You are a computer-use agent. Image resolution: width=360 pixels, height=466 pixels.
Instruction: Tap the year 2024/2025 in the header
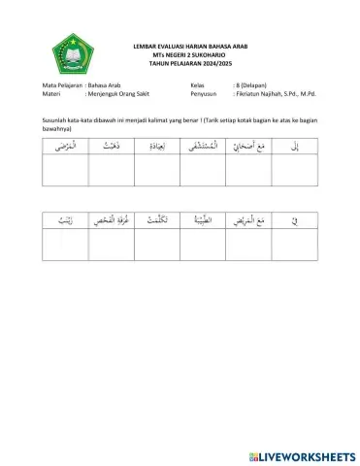pyautogui.click(x=204, y=64)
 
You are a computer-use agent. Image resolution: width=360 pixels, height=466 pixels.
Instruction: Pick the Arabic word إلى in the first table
pyautogui.click(x=294, y=146)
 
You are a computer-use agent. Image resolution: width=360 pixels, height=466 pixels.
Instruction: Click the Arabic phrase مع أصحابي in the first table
pyautogui.click(x=247, y=146)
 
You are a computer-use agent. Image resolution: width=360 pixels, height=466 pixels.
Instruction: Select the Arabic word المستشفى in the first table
pyautogui.click(x=202, y=146)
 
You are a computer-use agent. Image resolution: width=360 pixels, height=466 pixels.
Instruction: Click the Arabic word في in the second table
pyautogui.click(x=294, y=221)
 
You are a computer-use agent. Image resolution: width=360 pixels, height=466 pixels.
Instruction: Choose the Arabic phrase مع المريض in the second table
pyautogui.click(x=247, y=221)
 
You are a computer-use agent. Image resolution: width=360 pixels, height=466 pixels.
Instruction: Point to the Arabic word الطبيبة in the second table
pyautogui.click(x=202, y=221)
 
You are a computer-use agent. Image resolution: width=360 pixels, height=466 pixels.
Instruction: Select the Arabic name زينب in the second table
pyautogui.click(x=64, y=221)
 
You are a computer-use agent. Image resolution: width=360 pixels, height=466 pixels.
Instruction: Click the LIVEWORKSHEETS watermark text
pyautogui.click(x=303, y=454)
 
